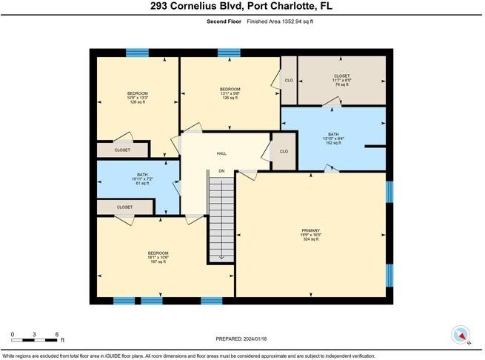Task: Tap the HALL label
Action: pyautogui.click(x=221, y=153)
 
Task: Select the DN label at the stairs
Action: pyautogui.click(x=221, y=171)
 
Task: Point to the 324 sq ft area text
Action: pyautogui.click(x=310, y=239)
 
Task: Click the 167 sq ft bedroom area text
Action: pyautogui.click(x=158, y=262)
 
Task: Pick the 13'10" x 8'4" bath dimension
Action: pyautogui.click(x=332, y=138)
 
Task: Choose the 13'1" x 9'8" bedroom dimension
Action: pyautogui.click(x=229, y=93)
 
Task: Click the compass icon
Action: pyautogui.click(x=461, y=336)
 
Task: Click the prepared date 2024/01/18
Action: pyautogui.click(x=242, y=339)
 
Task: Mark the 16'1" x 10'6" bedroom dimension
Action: pyautogui.click(x=158, y=258)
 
